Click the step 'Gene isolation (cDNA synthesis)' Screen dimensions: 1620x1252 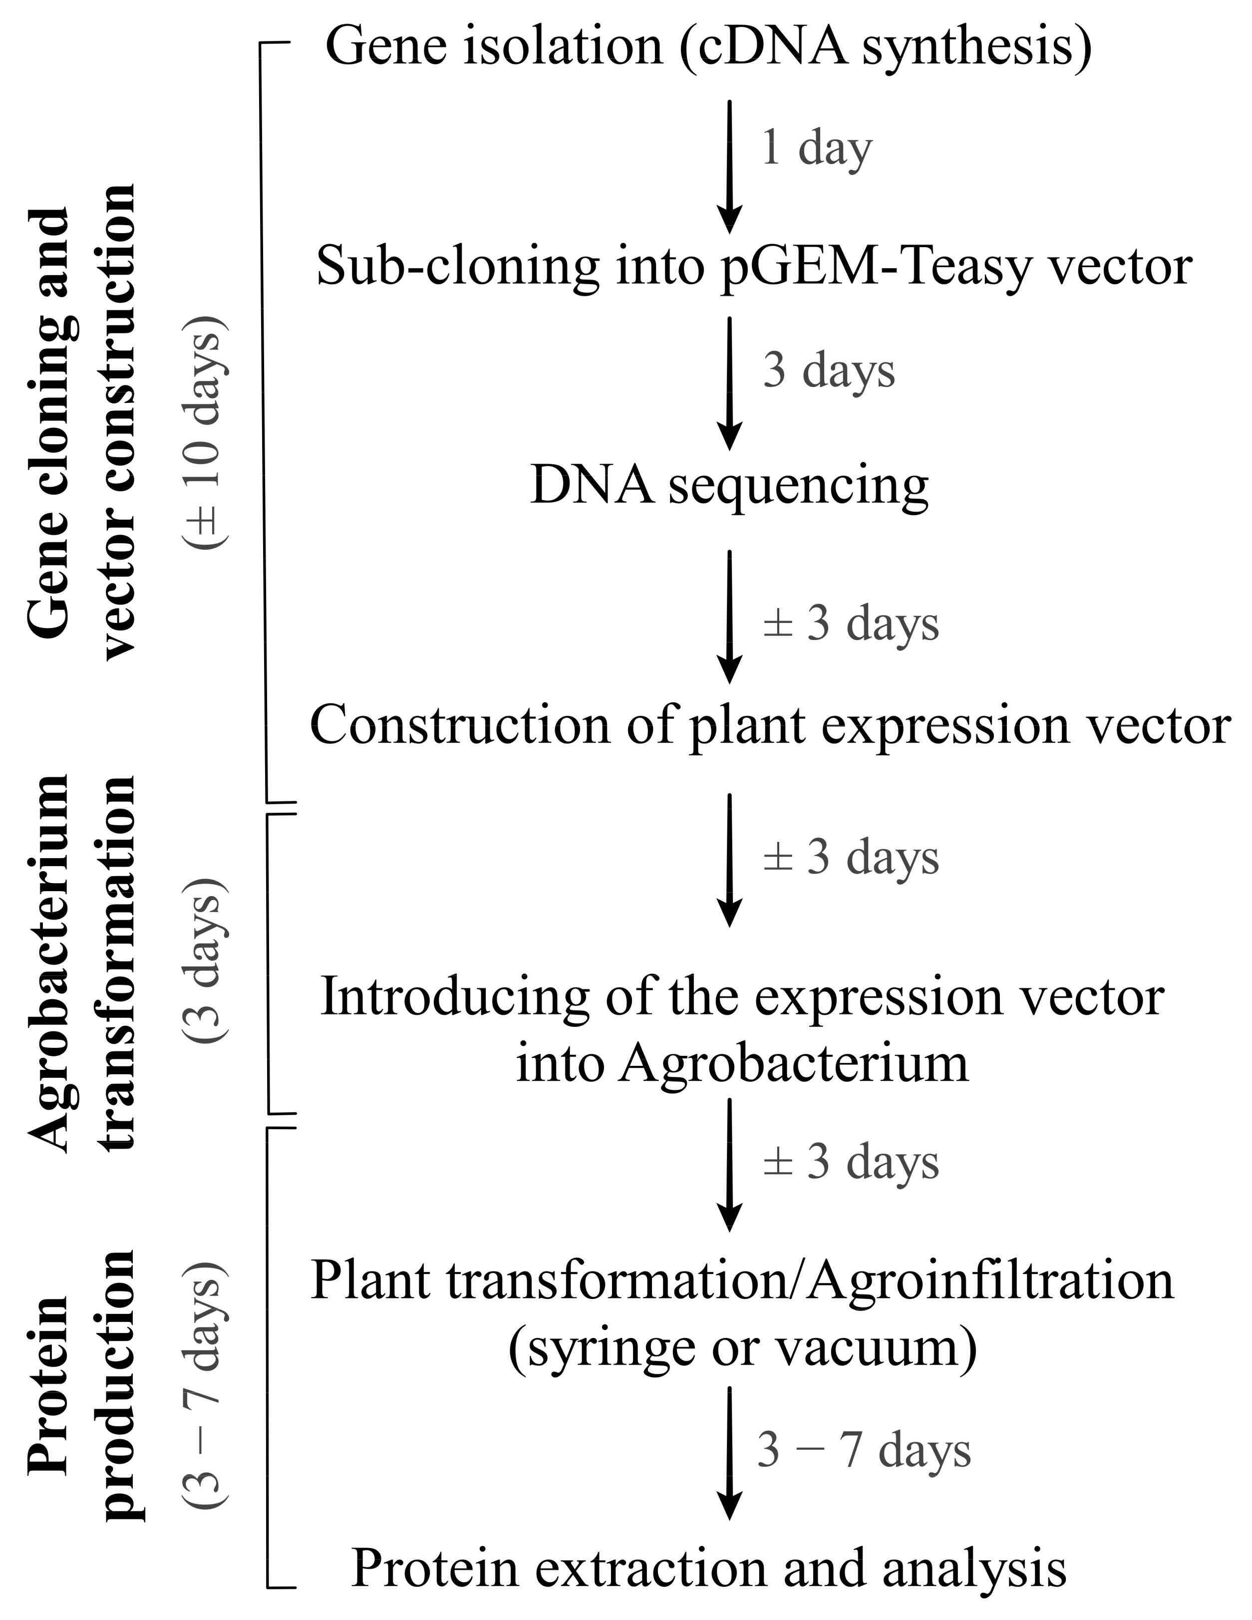click(708, 46)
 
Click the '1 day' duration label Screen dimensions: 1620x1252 click(816, 148)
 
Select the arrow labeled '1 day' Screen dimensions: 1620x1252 click(730, 166)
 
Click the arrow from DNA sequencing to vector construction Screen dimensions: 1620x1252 click(730, 616)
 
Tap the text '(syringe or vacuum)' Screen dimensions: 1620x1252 click(742, 1346)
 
